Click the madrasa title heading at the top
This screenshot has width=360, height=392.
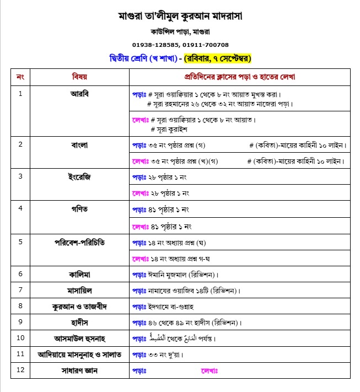[x=180, y=15]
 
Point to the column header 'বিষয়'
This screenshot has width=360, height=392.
[x=79, y=76]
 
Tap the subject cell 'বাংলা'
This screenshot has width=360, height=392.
[x=79, y=145]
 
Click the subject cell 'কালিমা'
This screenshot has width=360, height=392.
[x=79, y=273]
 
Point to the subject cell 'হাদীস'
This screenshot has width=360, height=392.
[x=79, y=322]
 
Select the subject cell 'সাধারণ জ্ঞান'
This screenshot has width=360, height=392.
[x=79, y=370]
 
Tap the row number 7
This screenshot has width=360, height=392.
[x=20, y=289]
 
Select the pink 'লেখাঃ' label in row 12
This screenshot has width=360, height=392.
[x=209, y=371]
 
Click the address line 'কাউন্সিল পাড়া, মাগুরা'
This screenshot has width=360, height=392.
[x=180, y=31]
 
